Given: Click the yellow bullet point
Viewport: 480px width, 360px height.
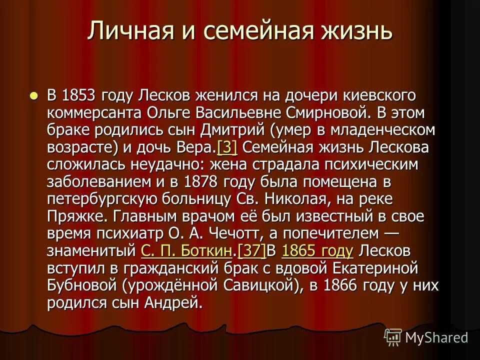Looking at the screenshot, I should tap(33, 94).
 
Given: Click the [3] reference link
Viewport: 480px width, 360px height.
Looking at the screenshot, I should tap(227, 147).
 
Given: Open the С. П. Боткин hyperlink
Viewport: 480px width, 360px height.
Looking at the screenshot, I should tap(186, 250).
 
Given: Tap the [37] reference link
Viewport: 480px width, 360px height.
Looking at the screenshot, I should tap(252, 250).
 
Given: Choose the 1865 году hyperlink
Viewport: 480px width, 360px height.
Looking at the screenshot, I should tap(317, 250).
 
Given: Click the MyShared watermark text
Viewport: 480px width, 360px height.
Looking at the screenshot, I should tap(436, 337).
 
